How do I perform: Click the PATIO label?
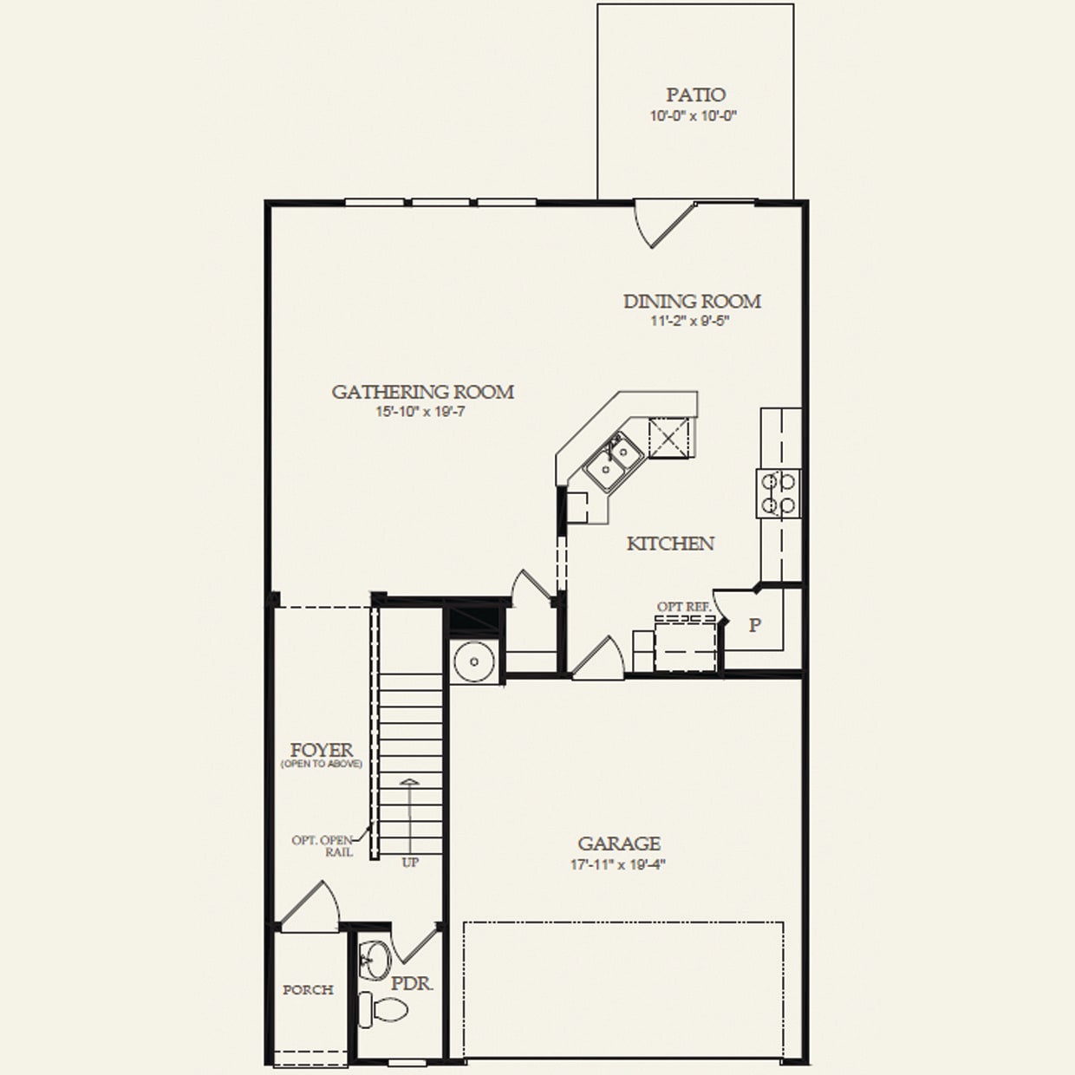click(695, 94)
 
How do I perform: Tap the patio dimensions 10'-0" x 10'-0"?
click(694, 115)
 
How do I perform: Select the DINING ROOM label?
click(692, 301)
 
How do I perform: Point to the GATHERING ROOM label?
click(422, 392)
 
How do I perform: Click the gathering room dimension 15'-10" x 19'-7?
click(421, 412)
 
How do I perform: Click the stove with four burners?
click(779, 492)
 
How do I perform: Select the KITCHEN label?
click(670, 544)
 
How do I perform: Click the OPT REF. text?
click(684, 607)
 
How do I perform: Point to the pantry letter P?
click(755, 625)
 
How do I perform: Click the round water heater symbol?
click(473, 662)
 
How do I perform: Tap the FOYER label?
click(322, 750)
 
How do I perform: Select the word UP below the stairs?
click(410, 863)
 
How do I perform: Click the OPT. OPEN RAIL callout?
click(322, 846)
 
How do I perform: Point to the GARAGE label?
click(619, 844)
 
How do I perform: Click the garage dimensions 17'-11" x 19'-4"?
click(618, 864)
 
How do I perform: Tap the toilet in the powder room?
click(384, 1008)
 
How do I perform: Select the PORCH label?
click(308, 990)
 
